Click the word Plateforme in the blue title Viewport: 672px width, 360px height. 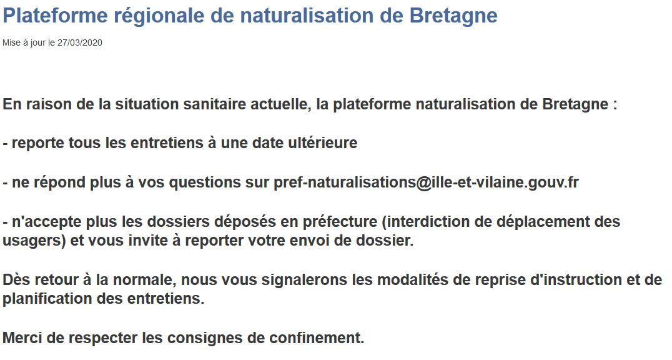coord(56,16)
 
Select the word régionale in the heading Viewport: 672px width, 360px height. coord(158,16)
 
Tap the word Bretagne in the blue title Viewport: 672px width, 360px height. coord(453,16)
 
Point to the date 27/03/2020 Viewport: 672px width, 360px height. coord(80,42)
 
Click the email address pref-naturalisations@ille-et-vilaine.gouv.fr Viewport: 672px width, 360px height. coord(426,182)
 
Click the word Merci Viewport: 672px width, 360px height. coord(22,337)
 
